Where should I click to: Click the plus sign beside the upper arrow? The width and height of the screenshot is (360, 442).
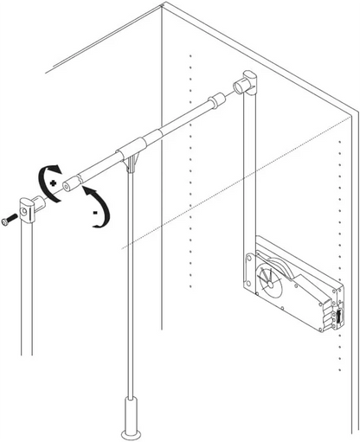[x=54, y=184]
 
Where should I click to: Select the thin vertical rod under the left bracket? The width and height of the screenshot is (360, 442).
[x=26, y=285]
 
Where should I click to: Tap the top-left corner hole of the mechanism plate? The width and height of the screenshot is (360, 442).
[x=250, y=257]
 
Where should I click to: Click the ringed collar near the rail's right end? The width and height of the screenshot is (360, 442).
[x=214, y=106]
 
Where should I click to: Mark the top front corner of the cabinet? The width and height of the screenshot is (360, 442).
[x=162, y=8]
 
